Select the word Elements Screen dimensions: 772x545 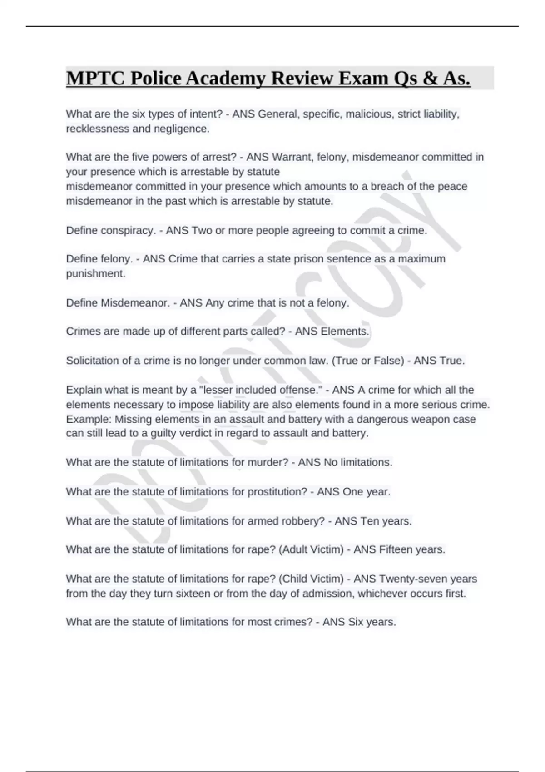pos(345,332)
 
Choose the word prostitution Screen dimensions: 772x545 pos(277,491)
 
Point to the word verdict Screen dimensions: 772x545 pos(194,433)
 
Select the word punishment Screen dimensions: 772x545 pos(96,273)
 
